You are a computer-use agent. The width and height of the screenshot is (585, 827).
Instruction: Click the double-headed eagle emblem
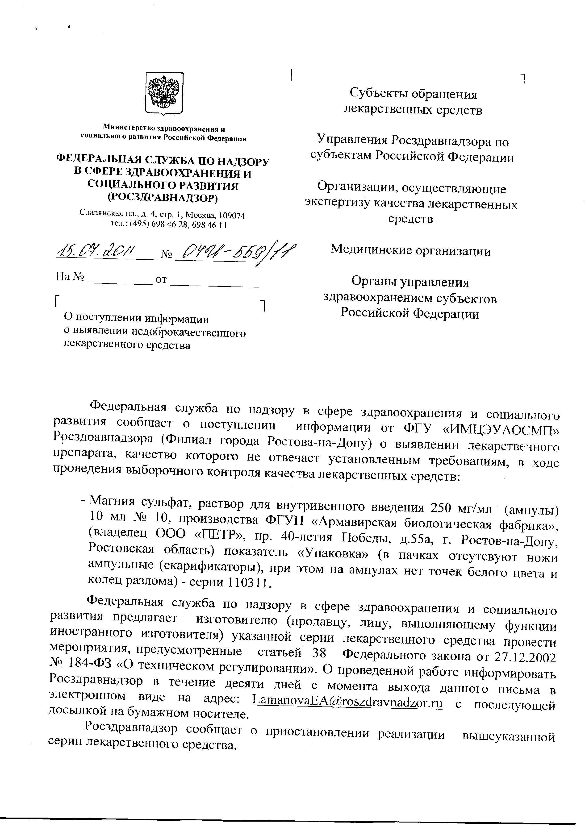click(164, 93)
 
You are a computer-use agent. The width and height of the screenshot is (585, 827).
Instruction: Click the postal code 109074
click(232, 216)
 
